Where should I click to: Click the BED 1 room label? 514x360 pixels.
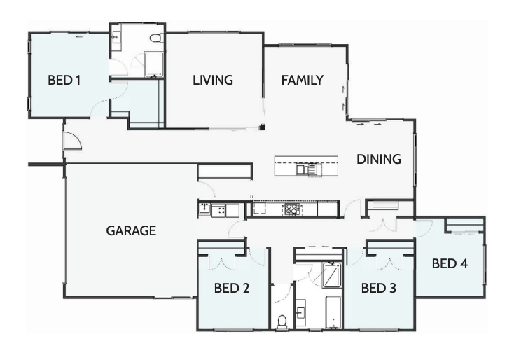[x=64, y=81]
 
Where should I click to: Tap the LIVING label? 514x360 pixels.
[x=212, y=81]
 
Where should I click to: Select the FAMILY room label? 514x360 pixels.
[x=302, y=81]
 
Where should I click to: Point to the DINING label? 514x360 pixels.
[x=379, y=159]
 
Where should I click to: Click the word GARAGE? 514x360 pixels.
[x=131, y=230]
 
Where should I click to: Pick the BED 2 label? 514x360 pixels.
[x=232, y=287]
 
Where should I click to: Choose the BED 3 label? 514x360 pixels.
[x=379, y=287]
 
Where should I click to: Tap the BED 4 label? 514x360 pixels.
[x=450, y=264]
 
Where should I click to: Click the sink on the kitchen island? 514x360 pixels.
[x=305, y=169]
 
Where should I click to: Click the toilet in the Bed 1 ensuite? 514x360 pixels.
[x=157, y=38]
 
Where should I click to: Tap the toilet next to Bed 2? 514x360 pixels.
[x=282, y=321]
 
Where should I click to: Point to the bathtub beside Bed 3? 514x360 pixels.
[x=334, y=312]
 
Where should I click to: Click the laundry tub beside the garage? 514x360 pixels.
[x=204, y=209]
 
